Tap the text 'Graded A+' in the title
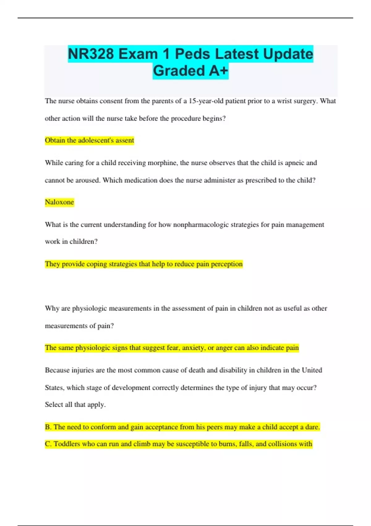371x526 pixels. click(190, 71)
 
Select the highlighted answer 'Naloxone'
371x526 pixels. click(59, 202)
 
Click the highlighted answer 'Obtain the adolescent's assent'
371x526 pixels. click(89, 140)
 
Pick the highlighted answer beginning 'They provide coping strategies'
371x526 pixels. click(144, 264)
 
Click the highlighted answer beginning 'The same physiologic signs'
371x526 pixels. click(172, 348)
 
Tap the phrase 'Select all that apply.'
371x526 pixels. click(75, 404)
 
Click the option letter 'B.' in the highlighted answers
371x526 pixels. click(48, 427)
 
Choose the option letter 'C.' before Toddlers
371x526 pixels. click(48, 444)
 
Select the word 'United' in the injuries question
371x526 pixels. click(312, 370)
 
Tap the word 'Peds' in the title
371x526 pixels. click(193, 54)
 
